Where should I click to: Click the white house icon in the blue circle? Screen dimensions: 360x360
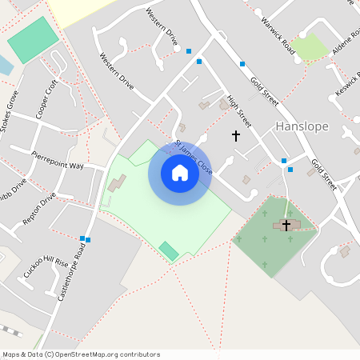coord(180,173)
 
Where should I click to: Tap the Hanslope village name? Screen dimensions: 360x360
coord(302,126)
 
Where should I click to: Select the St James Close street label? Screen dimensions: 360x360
coord(194,158)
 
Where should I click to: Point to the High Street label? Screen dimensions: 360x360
coord(239,112)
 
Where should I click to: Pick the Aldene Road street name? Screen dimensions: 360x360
coord(335,50)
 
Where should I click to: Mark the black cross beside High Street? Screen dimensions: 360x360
coord(236,136)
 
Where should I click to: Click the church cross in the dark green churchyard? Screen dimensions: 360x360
coord(286,226)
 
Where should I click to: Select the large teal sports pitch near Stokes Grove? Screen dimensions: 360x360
coord(33,39)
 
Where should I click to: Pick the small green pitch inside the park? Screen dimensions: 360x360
coord(169,250)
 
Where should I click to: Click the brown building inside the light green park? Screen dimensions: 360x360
coord(117,184)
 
